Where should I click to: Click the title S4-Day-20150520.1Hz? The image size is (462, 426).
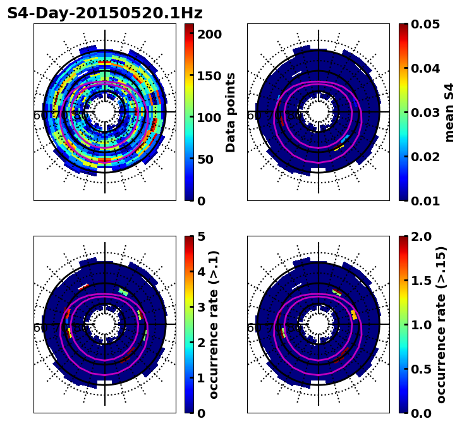click(105, 13)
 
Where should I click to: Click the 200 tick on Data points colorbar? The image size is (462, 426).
click(210, 34)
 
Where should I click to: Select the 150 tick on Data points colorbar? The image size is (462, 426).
click(210, 76)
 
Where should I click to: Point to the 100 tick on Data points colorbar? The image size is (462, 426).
click(210, 118)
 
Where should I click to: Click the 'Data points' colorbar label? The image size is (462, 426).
click(231, 113)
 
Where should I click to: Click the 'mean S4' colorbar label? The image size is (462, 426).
click(449, 113)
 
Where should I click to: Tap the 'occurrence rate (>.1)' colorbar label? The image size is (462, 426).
click(214, 325)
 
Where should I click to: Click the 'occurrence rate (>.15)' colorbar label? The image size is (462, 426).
click(441, 325)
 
